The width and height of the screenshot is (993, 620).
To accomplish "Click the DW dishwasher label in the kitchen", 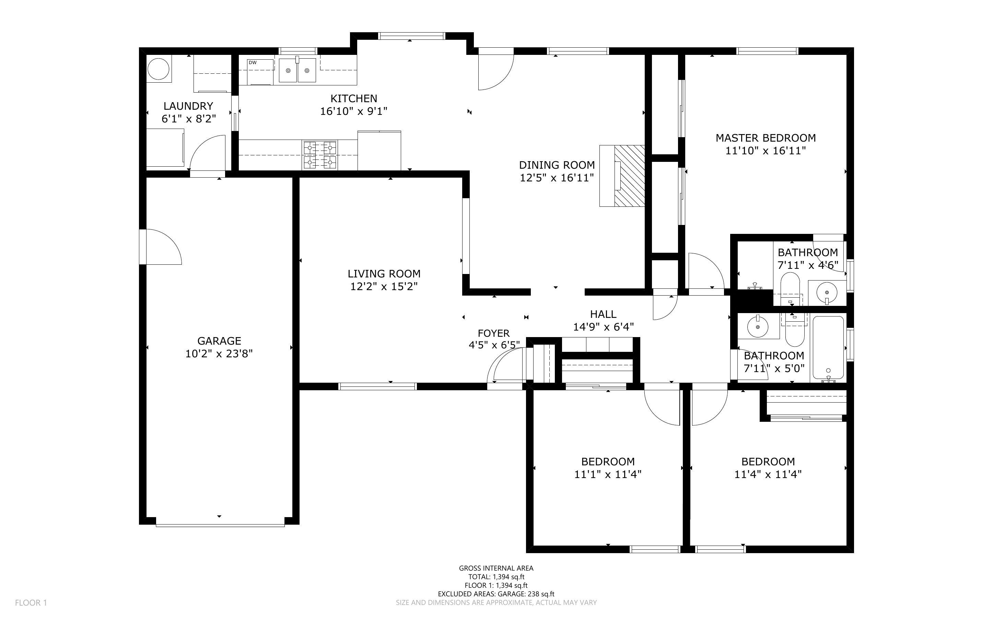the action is click(253, 63).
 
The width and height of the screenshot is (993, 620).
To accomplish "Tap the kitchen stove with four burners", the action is click(319, 155).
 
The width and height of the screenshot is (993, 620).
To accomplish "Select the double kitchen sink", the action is click(298, 70).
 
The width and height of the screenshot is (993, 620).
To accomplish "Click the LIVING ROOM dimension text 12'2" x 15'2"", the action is click(384, 286).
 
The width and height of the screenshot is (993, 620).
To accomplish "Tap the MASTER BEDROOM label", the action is click(766, 138).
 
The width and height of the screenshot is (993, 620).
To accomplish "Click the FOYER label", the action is click(493, 333).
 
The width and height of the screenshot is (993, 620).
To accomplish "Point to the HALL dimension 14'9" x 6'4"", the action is click(603, 327).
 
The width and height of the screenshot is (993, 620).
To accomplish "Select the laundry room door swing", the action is click(208, 153).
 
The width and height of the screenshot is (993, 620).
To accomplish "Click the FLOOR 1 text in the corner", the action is click(31, 603).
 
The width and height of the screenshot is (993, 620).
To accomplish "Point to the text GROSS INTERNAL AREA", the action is click(496, 568).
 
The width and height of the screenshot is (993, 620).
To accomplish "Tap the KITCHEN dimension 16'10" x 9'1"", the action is click(353, 111).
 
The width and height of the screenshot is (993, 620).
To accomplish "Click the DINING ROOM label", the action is click(557, 165).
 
